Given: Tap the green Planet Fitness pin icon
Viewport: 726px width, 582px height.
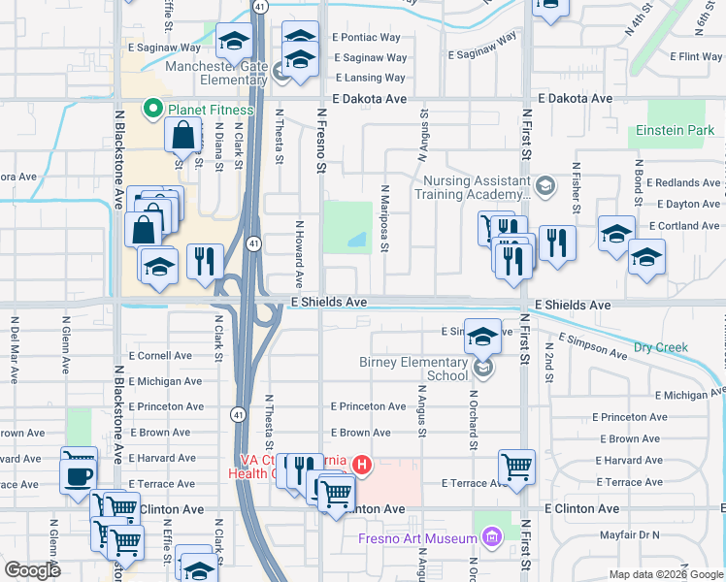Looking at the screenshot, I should coord(151,109).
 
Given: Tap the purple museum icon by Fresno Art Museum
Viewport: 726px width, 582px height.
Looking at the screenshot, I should coord(492,537).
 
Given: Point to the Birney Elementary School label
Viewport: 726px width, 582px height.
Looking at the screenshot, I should coord(419,369).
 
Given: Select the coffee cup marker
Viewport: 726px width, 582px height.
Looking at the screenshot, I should coord(78,475).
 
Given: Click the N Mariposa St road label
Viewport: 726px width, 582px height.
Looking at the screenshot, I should coord(385,219).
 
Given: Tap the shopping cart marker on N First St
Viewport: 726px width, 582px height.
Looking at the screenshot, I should coord(516,467).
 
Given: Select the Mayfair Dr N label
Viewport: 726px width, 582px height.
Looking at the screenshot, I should coord(629,534).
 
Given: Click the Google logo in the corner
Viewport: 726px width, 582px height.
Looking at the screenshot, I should coord(32,569).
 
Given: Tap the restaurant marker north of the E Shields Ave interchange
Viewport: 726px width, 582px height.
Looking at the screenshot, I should coord(206,261).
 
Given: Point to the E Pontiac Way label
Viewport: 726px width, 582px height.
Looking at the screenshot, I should coord(366,37).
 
